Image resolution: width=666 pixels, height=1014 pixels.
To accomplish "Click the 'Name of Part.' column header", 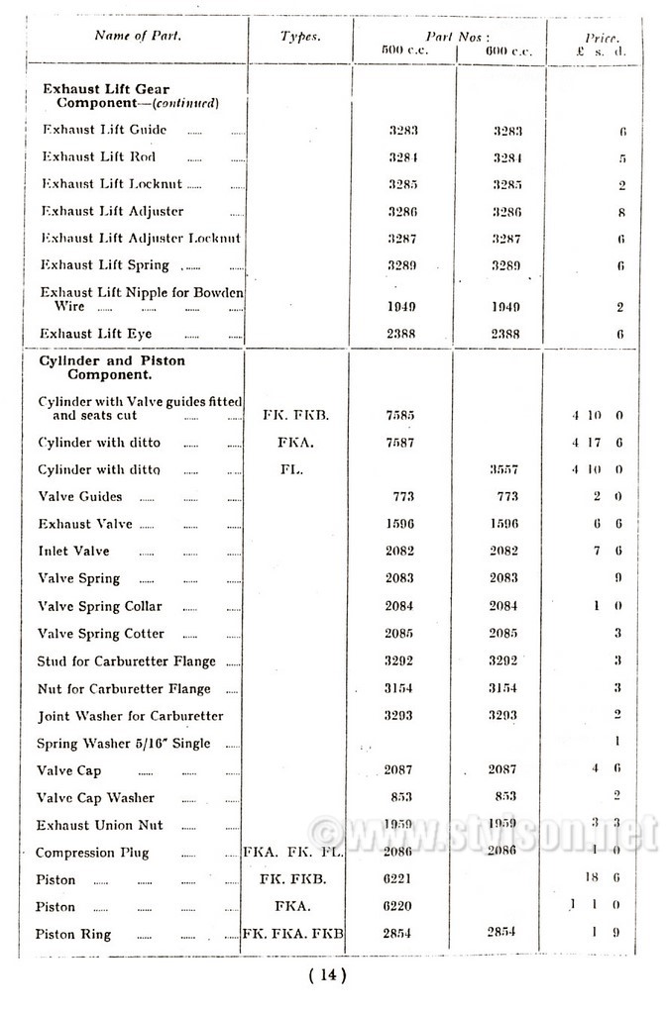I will (138, 36).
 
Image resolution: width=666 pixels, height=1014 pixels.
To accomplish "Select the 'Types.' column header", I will (300, 36).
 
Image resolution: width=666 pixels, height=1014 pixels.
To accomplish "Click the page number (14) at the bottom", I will (328, 975).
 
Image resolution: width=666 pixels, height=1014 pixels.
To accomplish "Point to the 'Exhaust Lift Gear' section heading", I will (106, 89).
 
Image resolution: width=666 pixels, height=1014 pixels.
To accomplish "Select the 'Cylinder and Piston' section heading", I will (111, 361).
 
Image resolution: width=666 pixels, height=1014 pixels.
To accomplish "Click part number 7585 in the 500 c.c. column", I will (399, 415).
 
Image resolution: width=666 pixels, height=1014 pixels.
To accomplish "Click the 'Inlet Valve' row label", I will (73, 551).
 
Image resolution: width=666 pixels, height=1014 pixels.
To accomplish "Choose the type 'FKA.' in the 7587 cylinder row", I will (299, 443).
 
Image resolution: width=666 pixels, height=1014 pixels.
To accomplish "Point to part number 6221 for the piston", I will (399, 878).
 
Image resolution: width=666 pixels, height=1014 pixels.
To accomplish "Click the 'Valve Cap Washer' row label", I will (95, 797).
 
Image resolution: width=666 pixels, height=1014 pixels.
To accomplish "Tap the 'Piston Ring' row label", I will (74, 934).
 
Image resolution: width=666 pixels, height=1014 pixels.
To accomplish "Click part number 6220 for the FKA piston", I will (399, 905).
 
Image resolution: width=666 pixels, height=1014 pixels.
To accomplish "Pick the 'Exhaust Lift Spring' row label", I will (105, 265).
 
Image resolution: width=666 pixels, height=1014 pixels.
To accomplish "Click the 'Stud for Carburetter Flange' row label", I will (126, 661).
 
